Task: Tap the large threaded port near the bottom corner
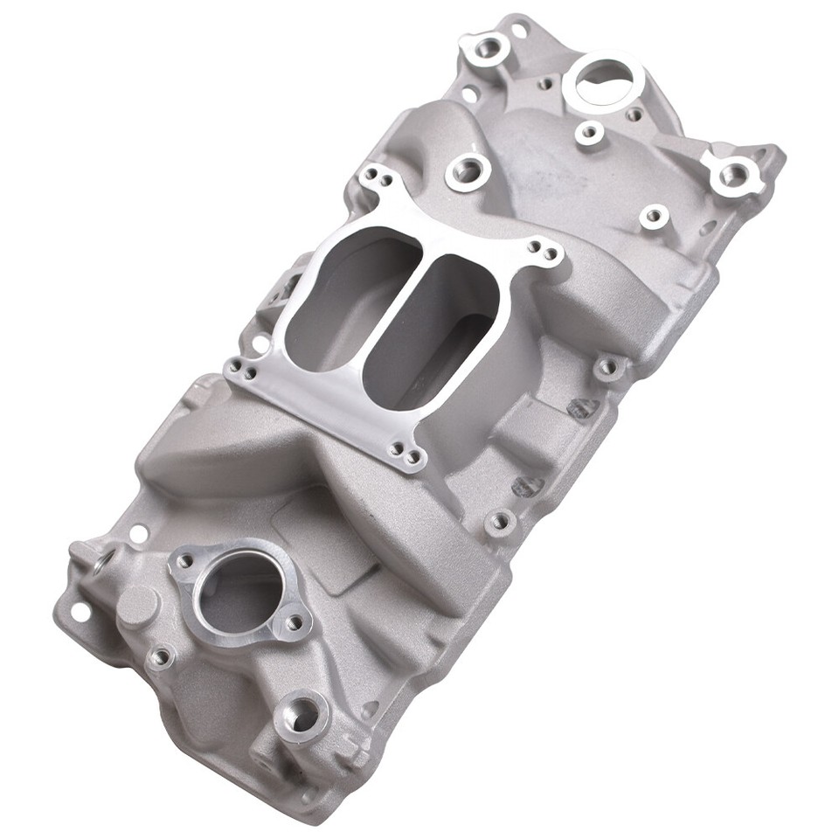302,715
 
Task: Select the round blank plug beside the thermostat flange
137,605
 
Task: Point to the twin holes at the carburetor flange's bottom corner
406,453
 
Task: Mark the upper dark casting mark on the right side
584,406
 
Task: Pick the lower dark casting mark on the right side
528,486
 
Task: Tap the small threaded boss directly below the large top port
588,132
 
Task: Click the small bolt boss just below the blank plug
160,656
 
